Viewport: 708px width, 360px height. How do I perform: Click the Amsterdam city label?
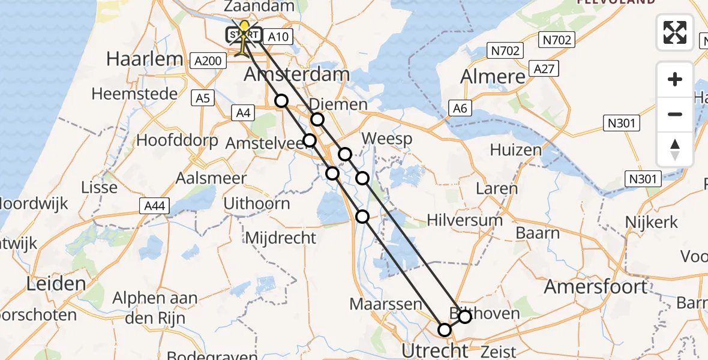point(297,75)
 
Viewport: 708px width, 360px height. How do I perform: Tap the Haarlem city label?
point(144,59)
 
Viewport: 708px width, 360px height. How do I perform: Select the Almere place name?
point(493,77)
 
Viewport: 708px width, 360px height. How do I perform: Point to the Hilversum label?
point(464,220)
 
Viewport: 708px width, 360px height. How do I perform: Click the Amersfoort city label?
point(595,287)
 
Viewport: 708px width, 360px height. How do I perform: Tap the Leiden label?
point(55,283)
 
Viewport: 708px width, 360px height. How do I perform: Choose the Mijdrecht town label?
point(280,238)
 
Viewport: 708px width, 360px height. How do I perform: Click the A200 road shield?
point(209,61)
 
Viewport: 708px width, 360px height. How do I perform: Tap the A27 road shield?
point(544,69)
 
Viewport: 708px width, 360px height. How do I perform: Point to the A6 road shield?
point(460,108)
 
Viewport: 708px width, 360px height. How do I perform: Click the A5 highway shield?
point(203,97)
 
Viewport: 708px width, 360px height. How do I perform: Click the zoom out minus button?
point(675,114)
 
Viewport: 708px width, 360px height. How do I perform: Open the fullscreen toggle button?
point(675,32)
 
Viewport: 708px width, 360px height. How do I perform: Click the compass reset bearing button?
point(675,149)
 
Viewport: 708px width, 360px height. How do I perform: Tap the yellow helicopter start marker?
point(244,36)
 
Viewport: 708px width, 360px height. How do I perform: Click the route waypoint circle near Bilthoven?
point(464,316)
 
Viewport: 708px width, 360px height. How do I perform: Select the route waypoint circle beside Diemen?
point(317,120)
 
